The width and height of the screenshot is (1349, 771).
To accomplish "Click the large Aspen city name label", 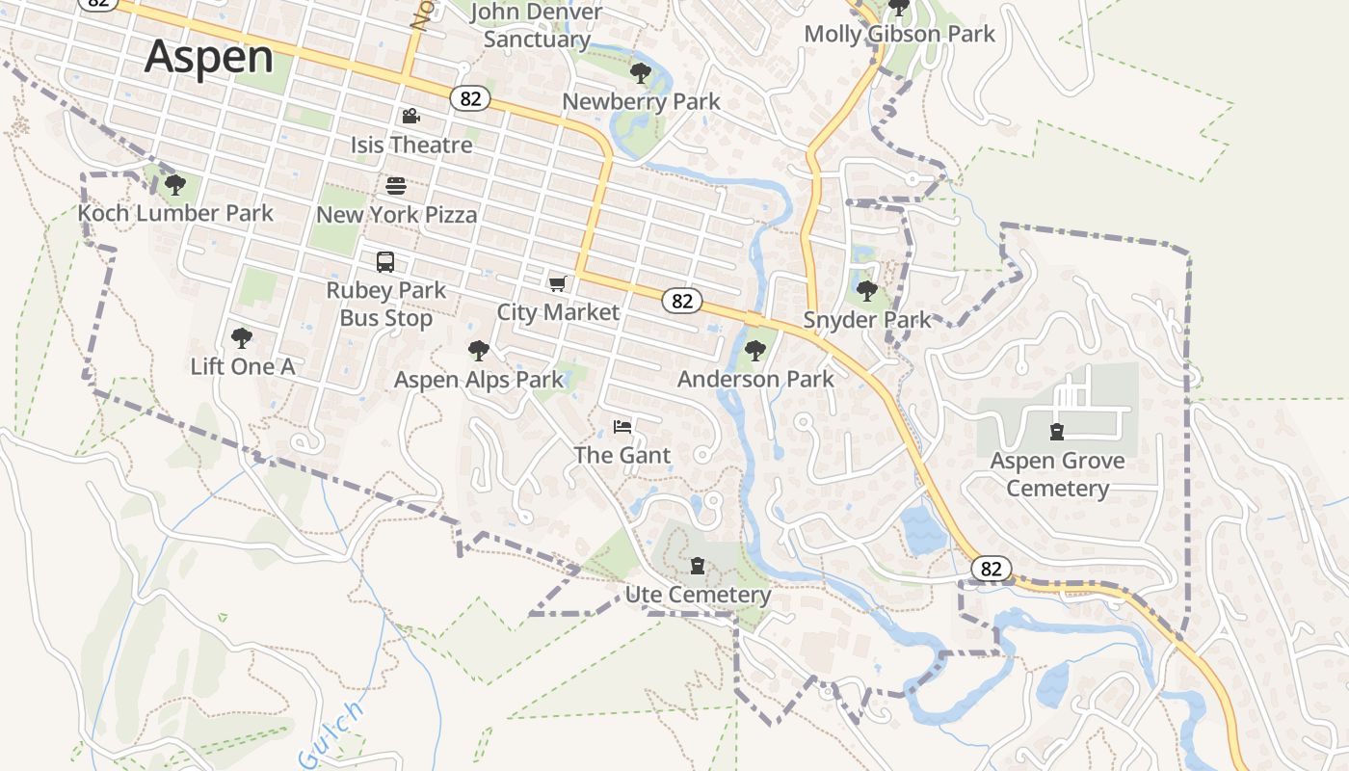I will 209,57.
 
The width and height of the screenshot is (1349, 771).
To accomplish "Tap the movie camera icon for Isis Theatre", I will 411,117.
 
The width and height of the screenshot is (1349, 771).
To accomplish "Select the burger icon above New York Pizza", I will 396,185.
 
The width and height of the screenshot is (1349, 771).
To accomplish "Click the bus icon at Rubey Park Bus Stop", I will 385,262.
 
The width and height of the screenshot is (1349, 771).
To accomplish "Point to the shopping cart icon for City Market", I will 557,283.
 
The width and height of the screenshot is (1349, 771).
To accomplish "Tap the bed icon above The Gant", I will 622,426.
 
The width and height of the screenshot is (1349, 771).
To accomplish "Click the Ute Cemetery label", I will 698,595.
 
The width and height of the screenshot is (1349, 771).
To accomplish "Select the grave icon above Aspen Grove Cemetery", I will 1057,432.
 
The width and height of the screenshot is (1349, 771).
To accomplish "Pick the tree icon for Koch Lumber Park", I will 174,184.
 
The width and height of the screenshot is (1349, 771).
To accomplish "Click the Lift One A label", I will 243,366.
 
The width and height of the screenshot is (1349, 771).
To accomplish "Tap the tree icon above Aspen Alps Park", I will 478,351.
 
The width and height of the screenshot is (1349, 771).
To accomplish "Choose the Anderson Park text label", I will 755,379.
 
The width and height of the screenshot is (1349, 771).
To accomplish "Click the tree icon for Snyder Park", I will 867,290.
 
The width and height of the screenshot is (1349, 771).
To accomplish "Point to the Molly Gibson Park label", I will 899,34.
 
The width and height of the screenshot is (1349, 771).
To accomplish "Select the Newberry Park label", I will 641,101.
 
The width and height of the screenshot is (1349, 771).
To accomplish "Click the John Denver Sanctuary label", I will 537,26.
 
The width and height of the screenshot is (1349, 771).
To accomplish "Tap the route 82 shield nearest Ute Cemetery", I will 991,569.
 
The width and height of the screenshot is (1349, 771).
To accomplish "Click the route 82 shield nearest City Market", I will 682,301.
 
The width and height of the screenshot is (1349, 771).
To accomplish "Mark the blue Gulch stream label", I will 331,734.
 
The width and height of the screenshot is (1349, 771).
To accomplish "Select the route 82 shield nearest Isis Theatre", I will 469,98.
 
